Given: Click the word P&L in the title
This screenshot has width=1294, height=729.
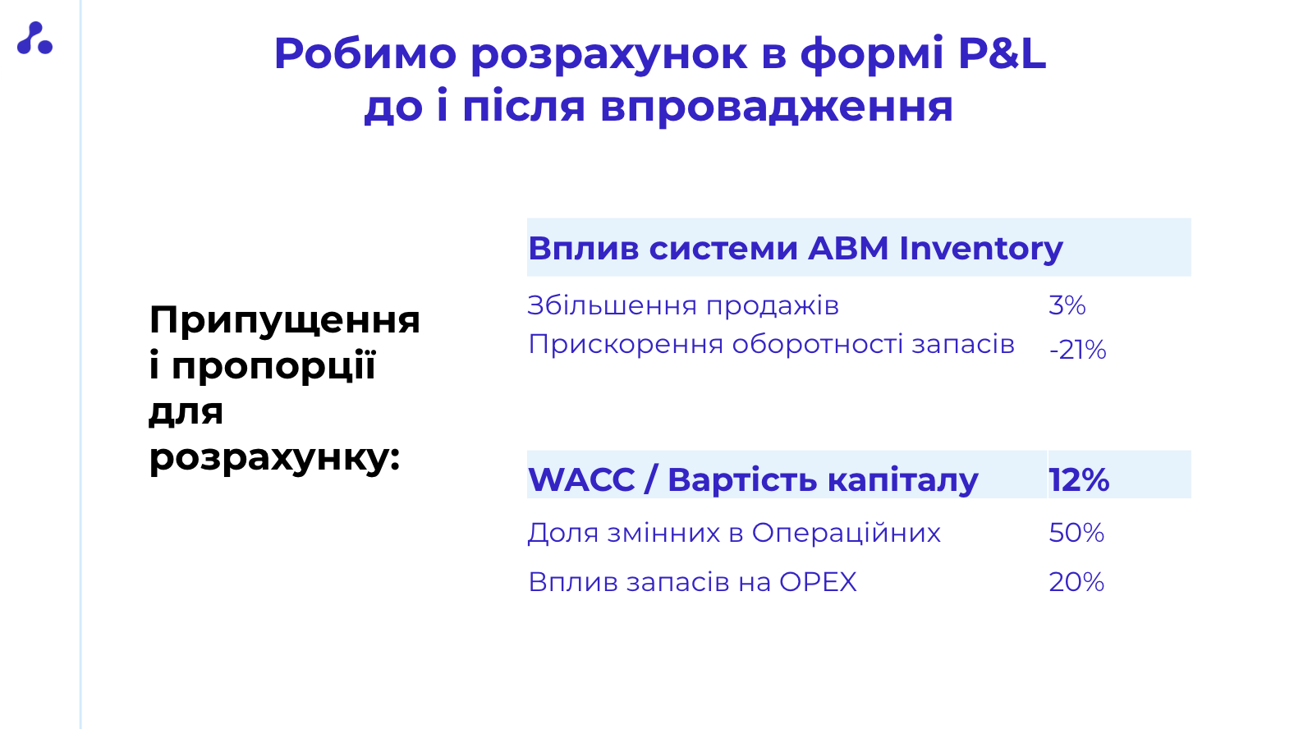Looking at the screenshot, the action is click(1002, 53).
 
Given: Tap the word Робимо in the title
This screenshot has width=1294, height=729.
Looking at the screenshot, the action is click(365, 53).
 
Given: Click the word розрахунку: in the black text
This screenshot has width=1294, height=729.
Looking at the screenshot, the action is click(274, 459).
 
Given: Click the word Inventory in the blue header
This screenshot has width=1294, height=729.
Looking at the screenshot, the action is click(980, 249).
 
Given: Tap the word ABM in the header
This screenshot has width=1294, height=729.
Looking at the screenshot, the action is click(848, 248).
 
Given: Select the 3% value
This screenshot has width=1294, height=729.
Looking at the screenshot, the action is click(1067, 305).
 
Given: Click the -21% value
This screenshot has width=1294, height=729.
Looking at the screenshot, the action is click(1077, 350).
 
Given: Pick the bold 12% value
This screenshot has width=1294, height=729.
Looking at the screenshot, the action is click(1079, 479).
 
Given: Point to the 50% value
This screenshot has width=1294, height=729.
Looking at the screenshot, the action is click(1076, 532).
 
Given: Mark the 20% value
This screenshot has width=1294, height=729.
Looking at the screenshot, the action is click(1076, 582).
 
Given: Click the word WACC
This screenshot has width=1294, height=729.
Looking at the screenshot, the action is click(581, 479).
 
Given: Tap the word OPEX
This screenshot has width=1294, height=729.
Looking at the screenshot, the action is click(818, 582).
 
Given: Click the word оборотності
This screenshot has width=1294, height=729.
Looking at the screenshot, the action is click(817, 345).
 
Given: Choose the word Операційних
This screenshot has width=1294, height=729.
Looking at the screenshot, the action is click(846, 533).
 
